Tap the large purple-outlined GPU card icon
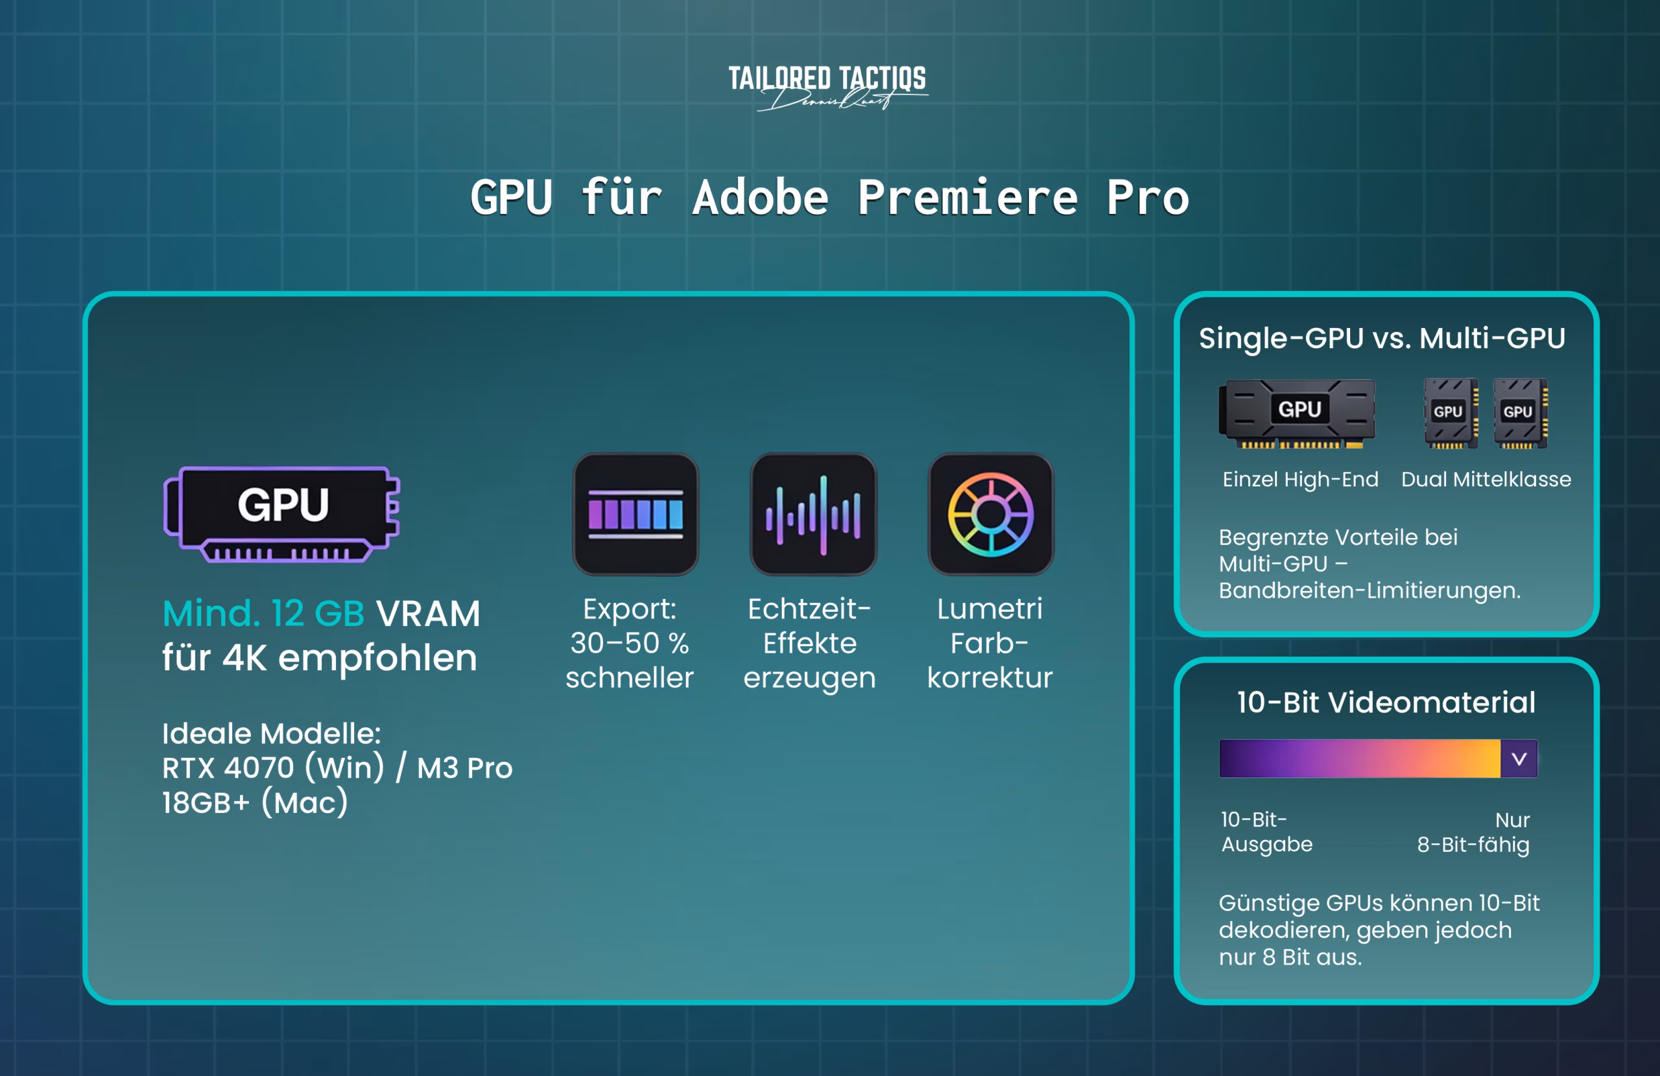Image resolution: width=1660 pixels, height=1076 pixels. coord(282,513)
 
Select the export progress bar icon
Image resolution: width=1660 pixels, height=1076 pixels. coord(635,514)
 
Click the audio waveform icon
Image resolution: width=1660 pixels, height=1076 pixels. coord(813,514)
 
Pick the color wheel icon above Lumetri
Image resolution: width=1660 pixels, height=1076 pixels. coord(990,514)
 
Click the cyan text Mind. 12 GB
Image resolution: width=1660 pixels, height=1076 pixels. coord(264,614)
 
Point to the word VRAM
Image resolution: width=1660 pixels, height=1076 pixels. coord(428,614)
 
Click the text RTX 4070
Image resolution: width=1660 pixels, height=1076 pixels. coord(228,767)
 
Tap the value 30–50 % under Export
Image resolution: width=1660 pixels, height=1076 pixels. coord(629,643)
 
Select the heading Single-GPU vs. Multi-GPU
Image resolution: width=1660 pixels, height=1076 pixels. coord(1382,338)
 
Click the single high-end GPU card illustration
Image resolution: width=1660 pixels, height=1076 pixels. coord(1298,413)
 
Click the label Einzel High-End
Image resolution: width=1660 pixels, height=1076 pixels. coord(1300,479)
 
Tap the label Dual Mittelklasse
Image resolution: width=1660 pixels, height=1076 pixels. coord(1486,479)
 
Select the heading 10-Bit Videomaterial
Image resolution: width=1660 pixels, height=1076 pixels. coord(1386,702)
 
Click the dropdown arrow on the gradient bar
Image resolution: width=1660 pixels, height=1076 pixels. coord(1519,758)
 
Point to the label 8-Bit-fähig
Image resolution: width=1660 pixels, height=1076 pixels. coord(1473,845)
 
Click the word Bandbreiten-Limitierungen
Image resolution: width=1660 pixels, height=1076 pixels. coord(1369,591)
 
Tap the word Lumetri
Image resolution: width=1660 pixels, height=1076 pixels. coord(990,609)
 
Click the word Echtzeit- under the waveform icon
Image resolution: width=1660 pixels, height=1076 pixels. coord(809,609)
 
